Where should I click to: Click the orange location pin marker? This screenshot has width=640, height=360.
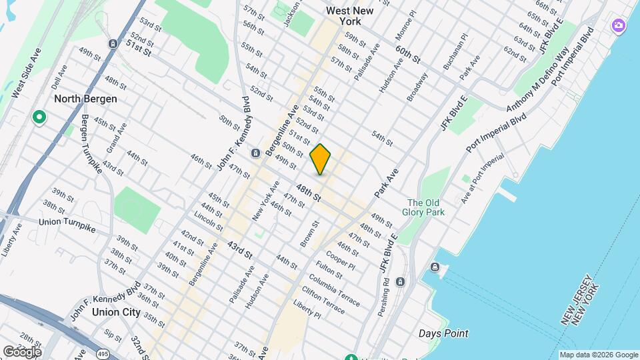point(320,159)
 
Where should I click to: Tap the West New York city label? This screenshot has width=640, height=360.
point(350,16)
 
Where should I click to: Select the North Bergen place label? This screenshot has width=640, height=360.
point(85,99)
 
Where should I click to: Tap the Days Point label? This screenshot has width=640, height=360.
point(443,333)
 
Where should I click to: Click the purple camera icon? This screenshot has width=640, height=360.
point(619,25)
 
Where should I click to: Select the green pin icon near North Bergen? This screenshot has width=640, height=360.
point(39,118)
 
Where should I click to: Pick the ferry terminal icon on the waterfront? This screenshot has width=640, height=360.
point(435,267)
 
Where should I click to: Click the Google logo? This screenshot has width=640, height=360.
point(21,351)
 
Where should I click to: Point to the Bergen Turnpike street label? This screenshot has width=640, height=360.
point(91,144)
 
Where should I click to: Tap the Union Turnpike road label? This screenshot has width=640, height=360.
point(67,225)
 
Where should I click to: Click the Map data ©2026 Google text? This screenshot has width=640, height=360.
point(599,355)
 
